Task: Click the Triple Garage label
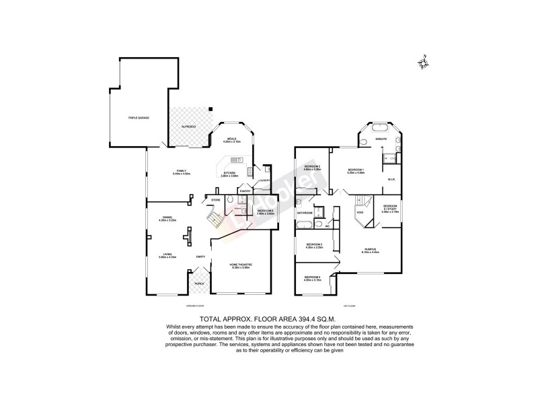(139, 118)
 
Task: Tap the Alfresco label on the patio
(189, 126)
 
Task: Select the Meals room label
(231, 140)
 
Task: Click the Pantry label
(245, 191)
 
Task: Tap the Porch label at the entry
(199, 283)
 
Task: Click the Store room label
(216, 200)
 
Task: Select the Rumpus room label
(371, 250)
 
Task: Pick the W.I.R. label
(391, 179)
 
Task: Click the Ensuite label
(381, 138)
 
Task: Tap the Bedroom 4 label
(312, 277)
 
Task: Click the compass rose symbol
(424, 63)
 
